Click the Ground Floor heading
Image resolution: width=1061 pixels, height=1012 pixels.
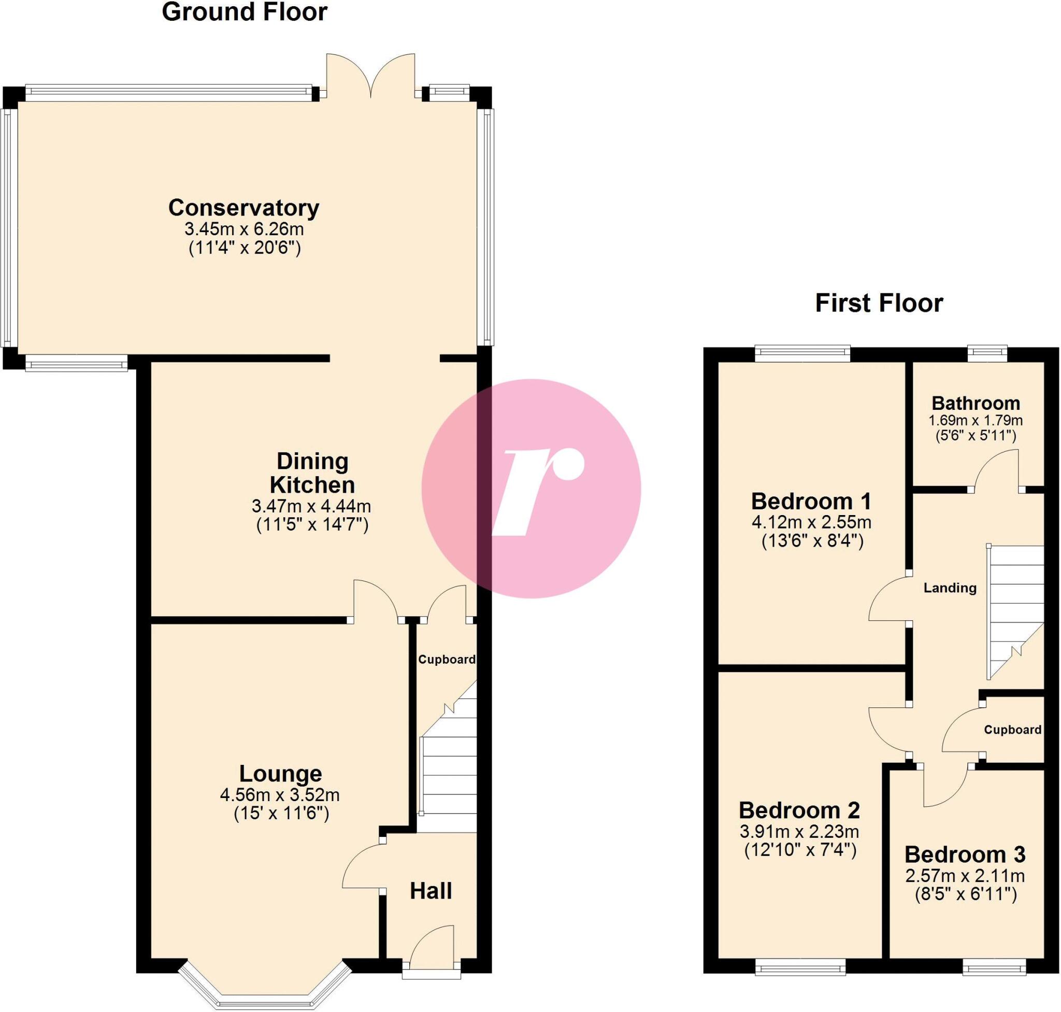click(x=245, y=12)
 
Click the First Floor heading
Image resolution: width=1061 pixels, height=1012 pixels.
click(x=879, y=303)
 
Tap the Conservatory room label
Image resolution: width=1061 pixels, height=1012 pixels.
click(x=244, y=208)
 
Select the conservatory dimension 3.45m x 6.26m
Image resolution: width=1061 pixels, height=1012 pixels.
click(x=244, y=229)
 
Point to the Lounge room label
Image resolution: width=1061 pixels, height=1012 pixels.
click(x=280, y=774)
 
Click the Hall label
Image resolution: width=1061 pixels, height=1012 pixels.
click(x=431, y=891)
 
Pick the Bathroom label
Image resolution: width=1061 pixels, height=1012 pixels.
click(x=975, y=404)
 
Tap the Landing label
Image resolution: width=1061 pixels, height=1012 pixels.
click(x=950, y=588)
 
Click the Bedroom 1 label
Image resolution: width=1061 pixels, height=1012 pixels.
click(x=811, y=502)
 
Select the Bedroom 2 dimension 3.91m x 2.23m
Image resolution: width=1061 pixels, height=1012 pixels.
click(x=799, y=831)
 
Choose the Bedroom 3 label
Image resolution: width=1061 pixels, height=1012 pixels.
click(x=965, y=854)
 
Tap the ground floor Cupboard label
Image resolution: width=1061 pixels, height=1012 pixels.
click(x=447, y=659)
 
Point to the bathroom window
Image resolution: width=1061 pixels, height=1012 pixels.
click(x=987, y=353)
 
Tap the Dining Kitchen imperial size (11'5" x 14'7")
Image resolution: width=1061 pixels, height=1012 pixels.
click(x=312, y=525)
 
